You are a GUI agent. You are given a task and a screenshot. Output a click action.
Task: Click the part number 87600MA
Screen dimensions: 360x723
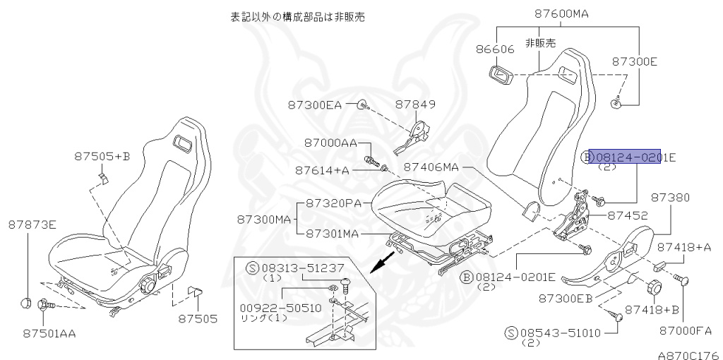[562, 13]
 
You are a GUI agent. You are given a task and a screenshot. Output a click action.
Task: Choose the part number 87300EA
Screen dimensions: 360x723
[314, 104]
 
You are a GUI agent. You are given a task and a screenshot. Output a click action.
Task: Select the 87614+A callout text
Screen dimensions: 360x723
[323, 170]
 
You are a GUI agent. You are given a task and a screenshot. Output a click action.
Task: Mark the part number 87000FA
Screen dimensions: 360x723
[686, 330]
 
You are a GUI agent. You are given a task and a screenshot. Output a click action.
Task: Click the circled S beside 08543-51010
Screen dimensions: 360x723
[510, 332]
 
